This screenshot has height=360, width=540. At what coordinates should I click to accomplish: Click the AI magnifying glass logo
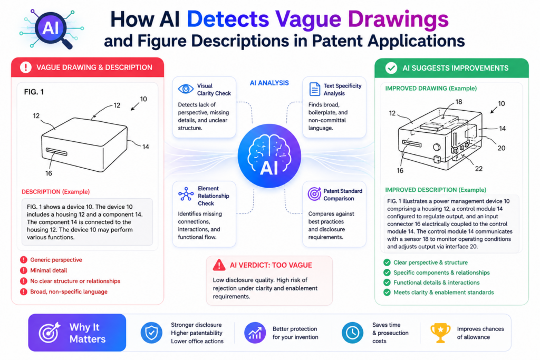coord(52,28)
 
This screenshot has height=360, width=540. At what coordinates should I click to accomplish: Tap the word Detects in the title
coord(228,20)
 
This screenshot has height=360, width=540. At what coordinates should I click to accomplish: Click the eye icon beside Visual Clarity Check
coord(186,89)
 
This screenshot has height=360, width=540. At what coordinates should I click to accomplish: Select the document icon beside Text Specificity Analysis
coord(314,89)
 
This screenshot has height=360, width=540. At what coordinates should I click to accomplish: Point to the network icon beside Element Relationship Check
coord(186,194)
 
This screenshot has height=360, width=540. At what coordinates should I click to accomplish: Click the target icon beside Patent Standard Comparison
coord(314,194)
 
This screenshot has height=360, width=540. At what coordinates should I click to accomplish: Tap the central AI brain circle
coord(269,155)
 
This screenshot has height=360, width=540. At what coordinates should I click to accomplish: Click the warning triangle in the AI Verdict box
coord(219,265)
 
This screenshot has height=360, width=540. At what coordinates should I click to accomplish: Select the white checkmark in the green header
coord(391,68)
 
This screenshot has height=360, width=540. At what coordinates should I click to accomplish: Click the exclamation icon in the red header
coord(26,67)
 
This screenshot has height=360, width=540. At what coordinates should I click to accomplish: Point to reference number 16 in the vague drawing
coord(49,173)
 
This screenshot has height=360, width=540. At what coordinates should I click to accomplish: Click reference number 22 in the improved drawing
coord(479,169)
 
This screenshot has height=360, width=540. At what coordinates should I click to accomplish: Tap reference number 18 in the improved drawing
coord(459,102)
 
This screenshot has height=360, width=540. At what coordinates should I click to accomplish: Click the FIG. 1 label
coord(34,92)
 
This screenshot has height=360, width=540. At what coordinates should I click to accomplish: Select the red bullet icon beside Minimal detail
coord(23,270)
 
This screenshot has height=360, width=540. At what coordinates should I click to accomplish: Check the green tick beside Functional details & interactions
coord(387,283)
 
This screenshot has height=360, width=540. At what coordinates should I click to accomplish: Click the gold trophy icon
coord(440,333)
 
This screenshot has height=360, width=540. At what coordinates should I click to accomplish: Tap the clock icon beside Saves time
coord(352,333)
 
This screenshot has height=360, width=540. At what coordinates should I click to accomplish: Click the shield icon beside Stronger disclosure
coord(151,333)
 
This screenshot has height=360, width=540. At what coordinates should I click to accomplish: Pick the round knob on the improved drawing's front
coord(437,147)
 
